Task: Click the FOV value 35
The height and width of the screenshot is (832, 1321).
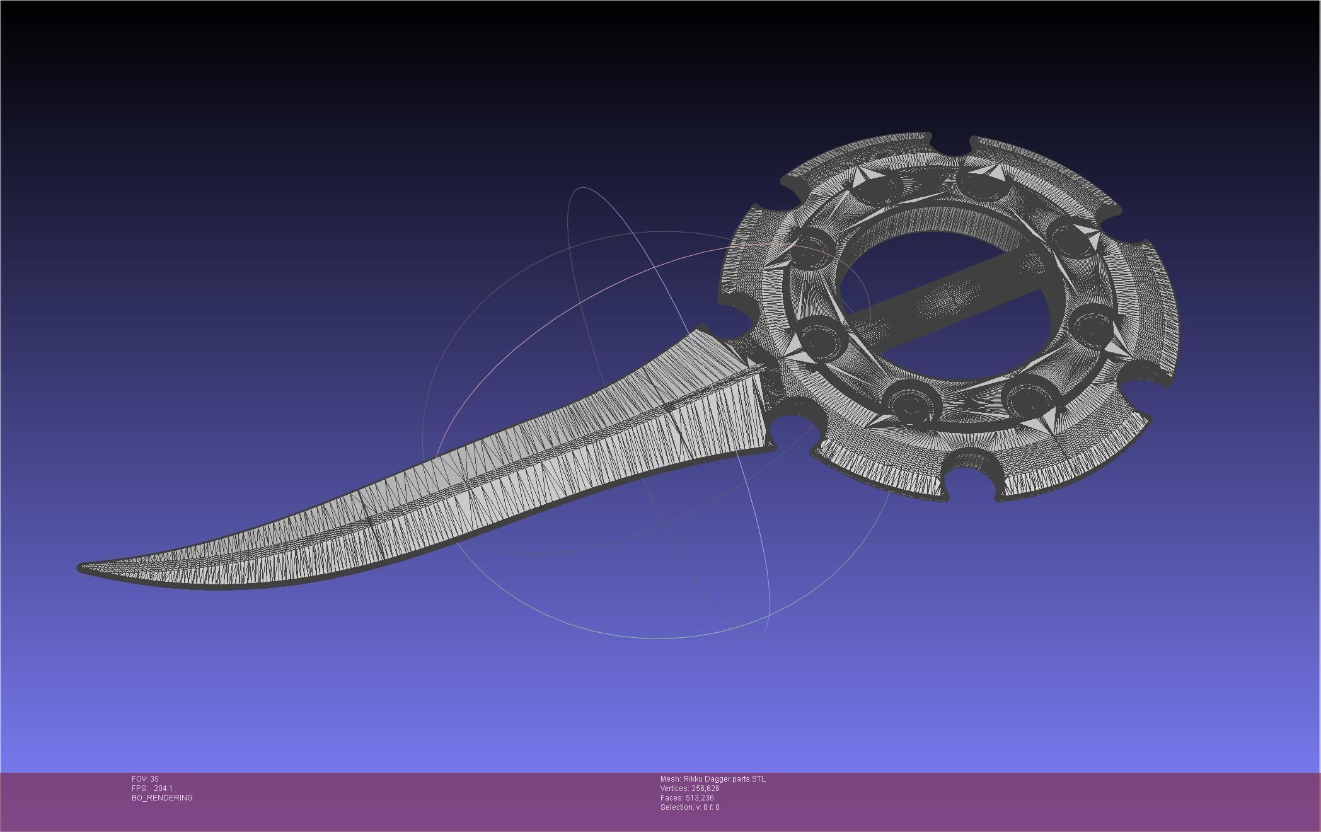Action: coord(154,779)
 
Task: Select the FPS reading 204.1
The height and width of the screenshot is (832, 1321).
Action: coord(163,789)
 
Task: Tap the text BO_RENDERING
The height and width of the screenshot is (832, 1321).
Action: coord(162,798)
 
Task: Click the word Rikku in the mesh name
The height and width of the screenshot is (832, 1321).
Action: coord(692,779)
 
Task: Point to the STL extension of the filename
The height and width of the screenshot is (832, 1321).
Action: coord(759,779)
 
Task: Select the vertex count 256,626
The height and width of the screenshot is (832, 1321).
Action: coord(705,789)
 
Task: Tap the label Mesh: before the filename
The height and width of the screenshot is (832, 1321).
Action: coord(671,779)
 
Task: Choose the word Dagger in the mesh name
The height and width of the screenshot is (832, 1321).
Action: coord(717,779)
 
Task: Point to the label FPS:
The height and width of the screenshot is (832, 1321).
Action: coord(139,789)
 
